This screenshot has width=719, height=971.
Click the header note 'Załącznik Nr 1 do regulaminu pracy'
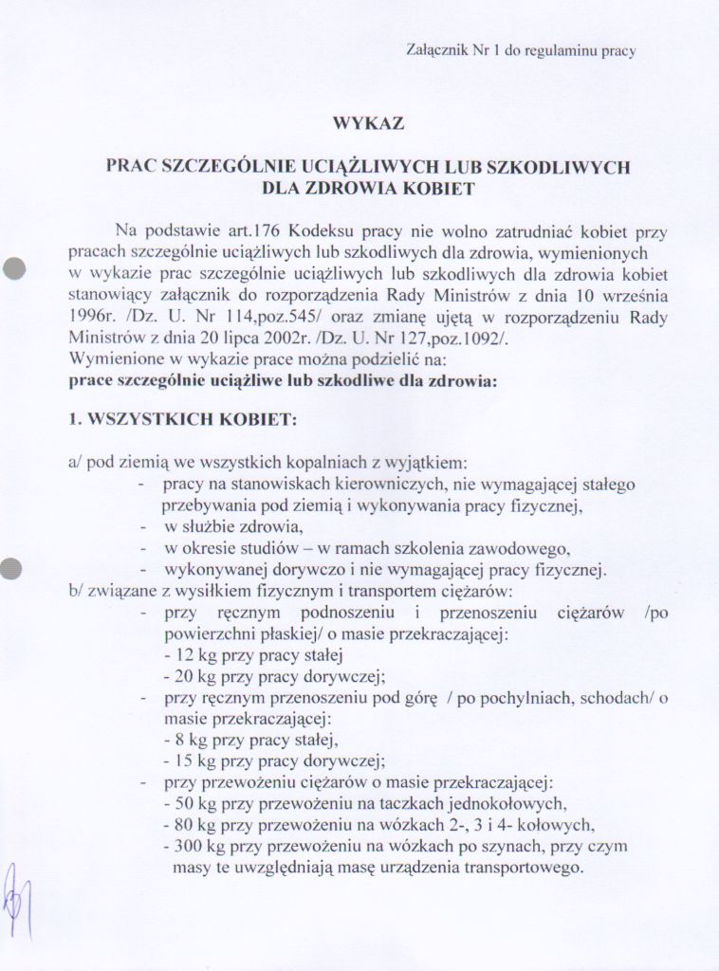(521, 50)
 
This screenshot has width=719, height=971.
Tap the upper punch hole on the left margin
(13, 268)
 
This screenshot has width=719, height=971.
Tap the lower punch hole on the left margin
(12, 568)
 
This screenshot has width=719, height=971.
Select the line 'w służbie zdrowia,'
(225, 527)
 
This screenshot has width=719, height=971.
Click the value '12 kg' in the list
(184, 655)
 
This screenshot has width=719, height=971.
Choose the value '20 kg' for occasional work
(184, 677)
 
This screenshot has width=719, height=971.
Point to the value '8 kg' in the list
(180, 740)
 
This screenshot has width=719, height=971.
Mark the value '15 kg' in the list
(184, 760)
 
